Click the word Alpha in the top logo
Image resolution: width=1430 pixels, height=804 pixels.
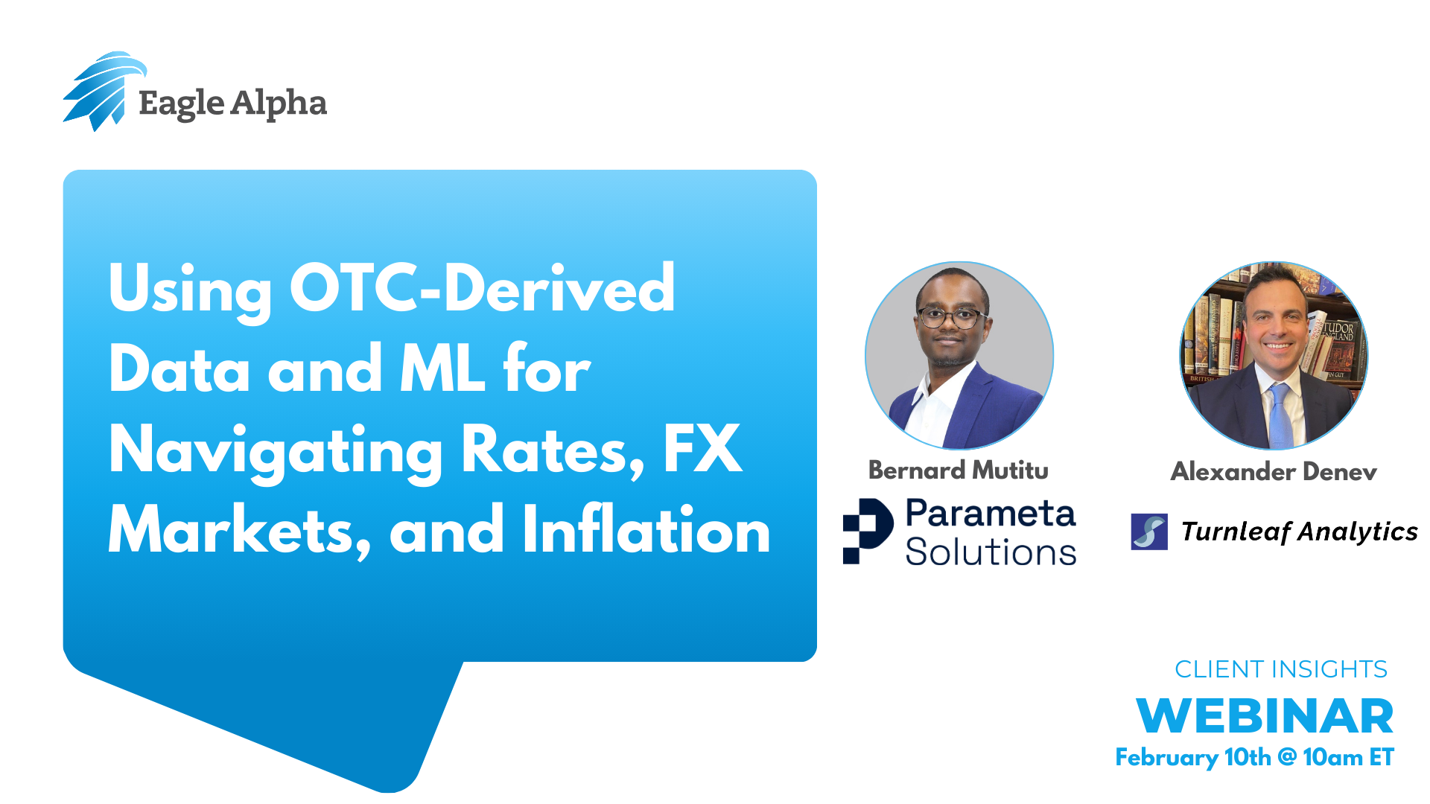pyautogui.click(x=279, y=103)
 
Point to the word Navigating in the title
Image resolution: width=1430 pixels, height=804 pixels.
pyautogui.click(x=276, y=451)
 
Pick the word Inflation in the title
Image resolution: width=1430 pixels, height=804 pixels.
pyautogui.click(x=646, y=529)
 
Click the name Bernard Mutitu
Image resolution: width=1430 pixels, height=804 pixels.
pyautogui.click(x=959, y=470)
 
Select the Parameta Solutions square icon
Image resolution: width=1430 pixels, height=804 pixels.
pyautogui.click(x=868, y=531)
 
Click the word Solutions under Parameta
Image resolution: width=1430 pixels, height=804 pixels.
pyautogui.click(x=991, y=552)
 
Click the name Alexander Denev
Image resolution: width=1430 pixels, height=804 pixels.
pyautogui.click(x=1274, y=471)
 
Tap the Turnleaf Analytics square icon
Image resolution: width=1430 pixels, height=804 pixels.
pyautogui.click(x=1149, y=532)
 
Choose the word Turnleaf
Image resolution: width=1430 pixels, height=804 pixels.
pyautogui.click(x=1236, y=532)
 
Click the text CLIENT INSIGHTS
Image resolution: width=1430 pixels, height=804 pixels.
pyautogui.click(x=1281, y=669)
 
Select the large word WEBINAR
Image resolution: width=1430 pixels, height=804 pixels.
pyautogui.click(x=1265, y=716)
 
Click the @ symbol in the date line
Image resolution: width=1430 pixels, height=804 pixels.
pyautogui.click(x=1287, y=757)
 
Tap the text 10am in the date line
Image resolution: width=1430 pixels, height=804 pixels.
pyautogui.click(x=1332, y=757)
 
